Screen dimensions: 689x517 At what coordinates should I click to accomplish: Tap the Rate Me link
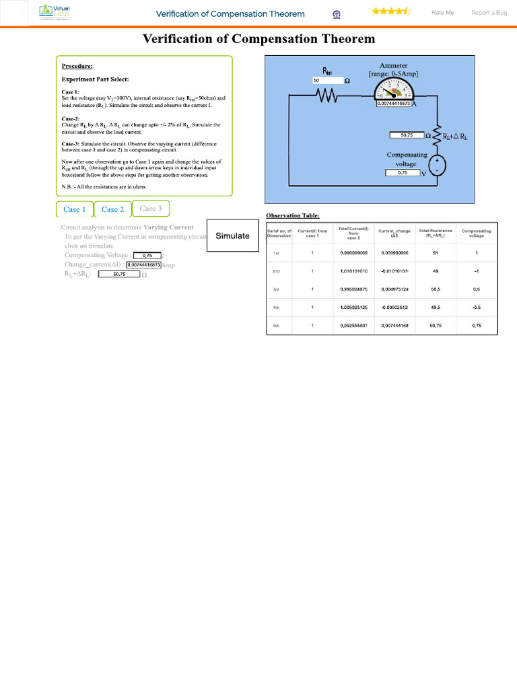pos(442,13)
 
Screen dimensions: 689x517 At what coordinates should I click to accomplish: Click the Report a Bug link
pos(489,13)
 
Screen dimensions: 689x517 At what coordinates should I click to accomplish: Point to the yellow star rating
pos(391,11)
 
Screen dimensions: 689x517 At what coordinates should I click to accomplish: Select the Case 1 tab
pos(74,209)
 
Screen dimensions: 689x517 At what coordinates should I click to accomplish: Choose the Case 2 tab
pos(112,209)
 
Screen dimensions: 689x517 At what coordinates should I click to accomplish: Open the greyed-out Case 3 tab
pos(151,209)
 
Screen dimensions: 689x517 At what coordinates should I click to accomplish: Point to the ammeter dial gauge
pos(394,90)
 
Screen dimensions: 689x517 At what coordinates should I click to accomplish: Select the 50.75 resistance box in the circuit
pos(407,135)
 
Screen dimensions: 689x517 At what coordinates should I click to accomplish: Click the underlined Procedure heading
pos(77,66)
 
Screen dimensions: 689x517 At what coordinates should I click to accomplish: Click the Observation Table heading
pos(293,216)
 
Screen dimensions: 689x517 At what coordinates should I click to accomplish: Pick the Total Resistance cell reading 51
pos(436,253)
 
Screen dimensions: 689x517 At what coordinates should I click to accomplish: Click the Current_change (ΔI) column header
pos(394,233)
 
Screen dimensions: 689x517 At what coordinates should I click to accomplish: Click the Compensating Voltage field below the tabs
pos(147,256)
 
